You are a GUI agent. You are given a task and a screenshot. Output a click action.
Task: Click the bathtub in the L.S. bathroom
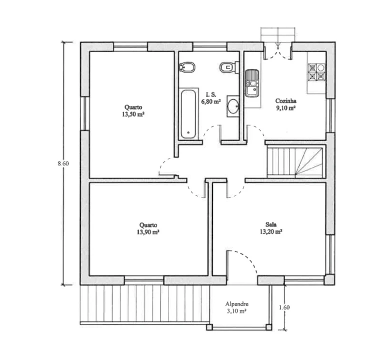[188, 114]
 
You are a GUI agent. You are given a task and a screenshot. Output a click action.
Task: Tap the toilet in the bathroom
[229, 67]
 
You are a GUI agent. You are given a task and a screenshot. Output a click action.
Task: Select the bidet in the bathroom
[187, 67]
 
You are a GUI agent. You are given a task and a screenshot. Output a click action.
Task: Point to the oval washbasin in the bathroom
[233, 106]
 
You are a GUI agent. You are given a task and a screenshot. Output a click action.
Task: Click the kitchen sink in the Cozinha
[251, 83]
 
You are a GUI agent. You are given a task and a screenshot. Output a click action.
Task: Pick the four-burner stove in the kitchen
[316, 72]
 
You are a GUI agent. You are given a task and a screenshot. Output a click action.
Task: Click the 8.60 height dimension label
[63, 163]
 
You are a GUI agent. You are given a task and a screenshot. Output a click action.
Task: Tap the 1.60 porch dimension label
[284, 307]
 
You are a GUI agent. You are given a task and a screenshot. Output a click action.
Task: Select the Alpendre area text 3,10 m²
[236, 311]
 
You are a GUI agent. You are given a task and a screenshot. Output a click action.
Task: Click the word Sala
[271, 224]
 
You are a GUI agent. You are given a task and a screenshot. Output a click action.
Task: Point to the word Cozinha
[286, 101]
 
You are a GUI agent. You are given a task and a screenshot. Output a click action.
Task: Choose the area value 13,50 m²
[133, 114]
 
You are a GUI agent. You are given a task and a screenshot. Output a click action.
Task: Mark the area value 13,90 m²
[148, 232]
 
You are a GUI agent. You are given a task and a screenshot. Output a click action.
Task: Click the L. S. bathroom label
[211, 94]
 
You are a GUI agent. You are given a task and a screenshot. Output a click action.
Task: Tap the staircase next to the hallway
[295, 161]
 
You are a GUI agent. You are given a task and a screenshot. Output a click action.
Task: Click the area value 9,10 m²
[286, 108]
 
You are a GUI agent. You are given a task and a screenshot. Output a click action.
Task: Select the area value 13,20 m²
[271, 231]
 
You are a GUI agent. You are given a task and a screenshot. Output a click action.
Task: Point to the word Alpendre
[237, 304]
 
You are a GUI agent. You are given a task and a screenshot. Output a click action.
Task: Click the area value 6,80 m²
[211, 101]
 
